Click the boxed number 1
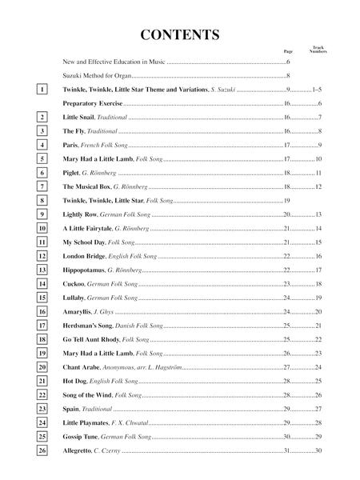pyautogui.click(x=42, y=90)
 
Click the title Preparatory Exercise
pyautogui.click(x=92, y=104)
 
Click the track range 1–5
pyautogui.click(x=316, y=90)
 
